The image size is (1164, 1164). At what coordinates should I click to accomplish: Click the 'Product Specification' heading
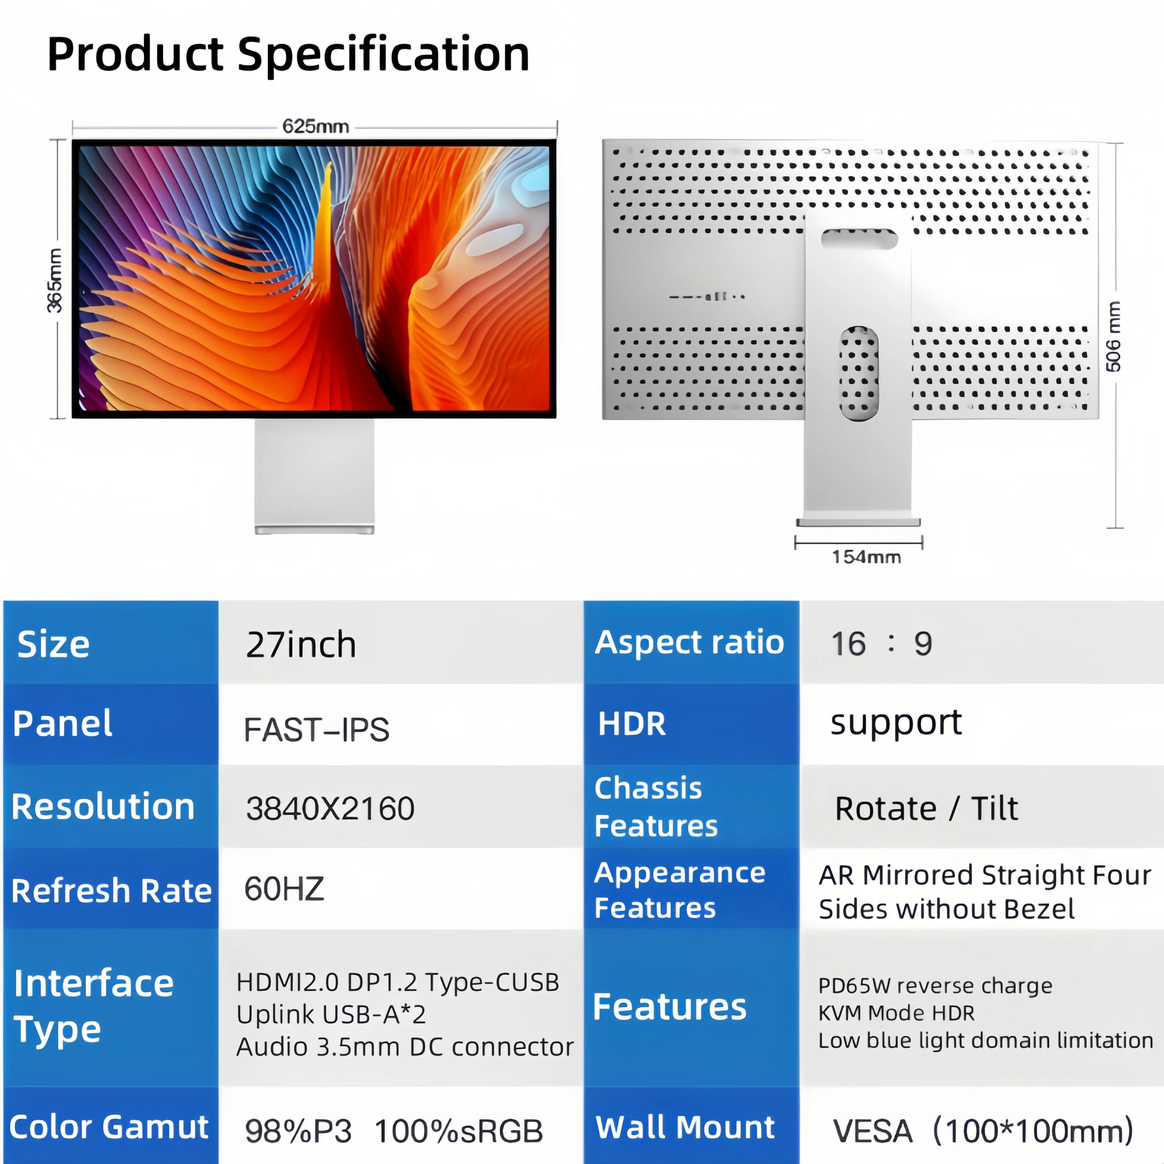click(288, 54)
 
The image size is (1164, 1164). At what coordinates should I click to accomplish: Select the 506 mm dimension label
click(1113, 336)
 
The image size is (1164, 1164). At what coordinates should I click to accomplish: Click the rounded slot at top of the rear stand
click(859, 239)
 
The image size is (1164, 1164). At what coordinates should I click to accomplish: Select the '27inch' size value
click(301, 645)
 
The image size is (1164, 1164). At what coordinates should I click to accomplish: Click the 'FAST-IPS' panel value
click(316, 730)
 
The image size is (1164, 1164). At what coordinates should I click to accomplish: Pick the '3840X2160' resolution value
click(330, 809)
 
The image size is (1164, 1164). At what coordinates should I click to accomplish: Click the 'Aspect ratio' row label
click(689, 642)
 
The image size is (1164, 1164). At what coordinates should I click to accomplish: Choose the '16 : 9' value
click(881, 643)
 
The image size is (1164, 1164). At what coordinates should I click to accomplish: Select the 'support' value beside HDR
click(896, 723)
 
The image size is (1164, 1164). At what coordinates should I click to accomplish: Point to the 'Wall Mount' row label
click(685, 1127)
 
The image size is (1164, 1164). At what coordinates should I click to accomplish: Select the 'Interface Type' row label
click(93, 1006)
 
